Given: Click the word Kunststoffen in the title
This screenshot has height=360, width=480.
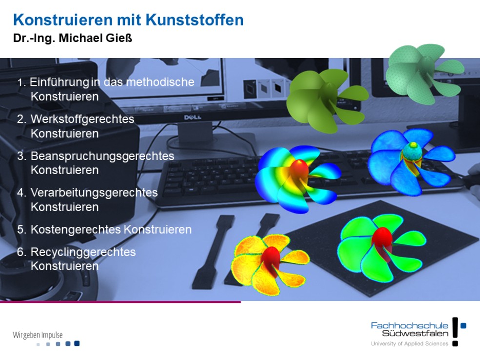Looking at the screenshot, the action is point(194,20).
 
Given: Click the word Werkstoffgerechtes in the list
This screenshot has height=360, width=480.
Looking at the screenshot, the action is point(82,119).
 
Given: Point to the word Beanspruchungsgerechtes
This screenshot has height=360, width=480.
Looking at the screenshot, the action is point(102,156).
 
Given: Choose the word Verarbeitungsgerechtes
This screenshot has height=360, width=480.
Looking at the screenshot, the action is point(94,193).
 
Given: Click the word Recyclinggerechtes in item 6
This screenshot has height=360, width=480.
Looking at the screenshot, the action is point(83,252).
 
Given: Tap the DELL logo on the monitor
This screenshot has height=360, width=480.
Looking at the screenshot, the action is point(193,117).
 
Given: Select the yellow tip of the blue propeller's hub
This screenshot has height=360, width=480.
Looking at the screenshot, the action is point(414,144).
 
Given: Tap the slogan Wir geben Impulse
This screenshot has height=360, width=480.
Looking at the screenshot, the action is point(38,335).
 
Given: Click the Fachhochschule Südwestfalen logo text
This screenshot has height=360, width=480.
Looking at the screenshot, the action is point(410,329).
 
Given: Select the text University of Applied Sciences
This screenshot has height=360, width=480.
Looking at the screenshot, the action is point(410,344).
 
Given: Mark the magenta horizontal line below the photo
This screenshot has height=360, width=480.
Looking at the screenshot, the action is point(120,302).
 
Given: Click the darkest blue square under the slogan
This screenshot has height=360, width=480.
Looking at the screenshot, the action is point(77,343).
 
